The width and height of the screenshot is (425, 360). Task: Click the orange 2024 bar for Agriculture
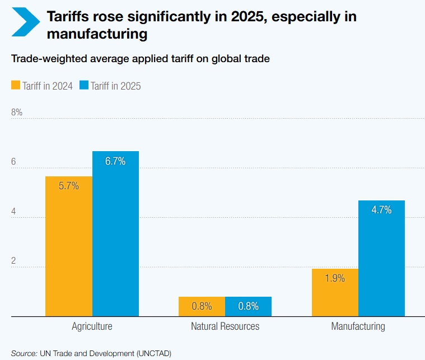tap(69, 246)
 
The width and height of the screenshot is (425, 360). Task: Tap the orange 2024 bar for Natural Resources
tap(202, 306)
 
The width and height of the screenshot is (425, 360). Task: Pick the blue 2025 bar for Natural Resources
tap(248, 306)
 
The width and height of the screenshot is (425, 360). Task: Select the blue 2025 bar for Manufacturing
tap(381, 258)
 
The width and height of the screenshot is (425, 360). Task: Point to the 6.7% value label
tap(115, 162)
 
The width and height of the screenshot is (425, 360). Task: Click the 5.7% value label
tap(69, 186)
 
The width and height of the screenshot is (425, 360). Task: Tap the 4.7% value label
tap(381, 211)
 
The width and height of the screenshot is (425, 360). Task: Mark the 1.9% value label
tap(335, 278)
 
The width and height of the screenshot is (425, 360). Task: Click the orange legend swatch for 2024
tap(16, 86)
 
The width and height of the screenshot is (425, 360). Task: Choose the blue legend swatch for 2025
tap(84, 86)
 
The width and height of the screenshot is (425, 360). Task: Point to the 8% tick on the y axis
tap(17, 113)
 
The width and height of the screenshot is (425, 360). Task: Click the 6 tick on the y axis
tap(13, 162)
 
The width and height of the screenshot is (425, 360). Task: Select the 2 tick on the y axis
tap(13, 261)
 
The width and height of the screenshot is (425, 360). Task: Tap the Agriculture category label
tap(92, 326)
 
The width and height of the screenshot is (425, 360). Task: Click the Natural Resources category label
tap(225, 326)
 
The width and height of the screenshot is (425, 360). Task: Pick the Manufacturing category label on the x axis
tap(358, 326)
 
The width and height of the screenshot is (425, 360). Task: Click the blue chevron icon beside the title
tap(25, 22)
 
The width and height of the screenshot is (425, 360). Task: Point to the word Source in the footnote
tap(24, 353)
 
